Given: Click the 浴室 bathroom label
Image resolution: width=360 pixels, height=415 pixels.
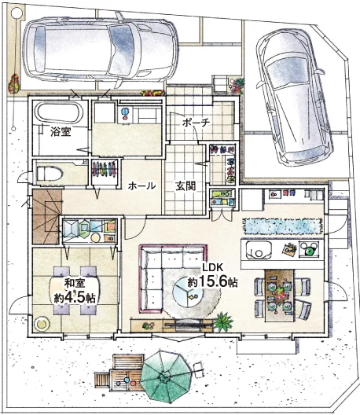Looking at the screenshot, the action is pos(61,131).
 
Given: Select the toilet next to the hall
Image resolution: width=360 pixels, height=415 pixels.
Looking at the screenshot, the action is pos(50,174).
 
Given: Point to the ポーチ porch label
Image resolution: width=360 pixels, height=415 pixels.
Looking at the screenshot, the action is pos(197,123).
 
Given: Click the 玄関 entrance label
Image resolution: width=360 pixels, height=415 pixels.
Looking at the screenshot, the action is pos(186,186).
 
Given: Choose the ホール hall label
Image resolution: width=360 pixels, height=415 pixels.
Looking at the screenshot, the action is pos(141,185).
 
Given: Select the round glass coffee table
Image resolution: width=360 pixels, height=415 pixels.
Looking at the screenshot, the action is pos(188,295).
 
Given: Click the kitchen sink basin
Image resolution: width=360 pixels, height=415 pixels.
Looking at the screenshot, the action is pos(259,250).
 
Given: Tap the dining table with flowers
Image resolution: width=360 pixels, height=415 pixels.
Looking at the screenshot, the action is pos(280,296).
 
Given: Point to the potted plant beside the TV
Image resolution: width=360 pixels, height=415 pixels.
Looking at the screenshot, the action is pos(223,321).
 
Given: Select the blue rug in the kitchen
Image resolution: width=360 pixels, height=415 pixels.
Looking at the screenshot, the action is pos(283,226).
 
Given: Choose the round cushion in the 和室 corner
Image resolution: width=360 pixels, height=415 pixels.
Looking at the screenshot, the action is pos(42,324).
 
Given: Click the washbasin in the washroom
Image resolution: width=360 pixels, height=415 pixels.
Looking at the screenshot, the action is pos(124,112).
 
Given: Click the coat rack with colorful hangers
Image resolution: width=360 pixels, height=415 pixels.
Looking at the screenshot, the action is pos(105,169).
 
